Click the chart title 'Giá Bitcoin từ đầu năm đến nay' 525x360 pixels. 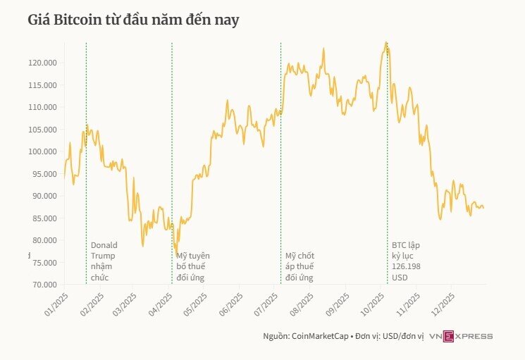133,20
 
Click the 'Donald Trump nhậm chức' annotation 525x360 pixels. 104,261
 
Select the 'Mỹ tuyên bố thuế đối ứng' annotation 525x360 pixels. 193,266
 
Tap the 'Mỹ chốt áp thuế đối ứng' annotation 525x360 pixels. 300,266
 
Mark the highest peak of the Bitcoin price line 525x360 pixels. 385,42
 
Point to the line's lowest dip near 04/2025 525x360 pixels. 176,256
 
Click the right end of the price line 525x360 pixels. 484,208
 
